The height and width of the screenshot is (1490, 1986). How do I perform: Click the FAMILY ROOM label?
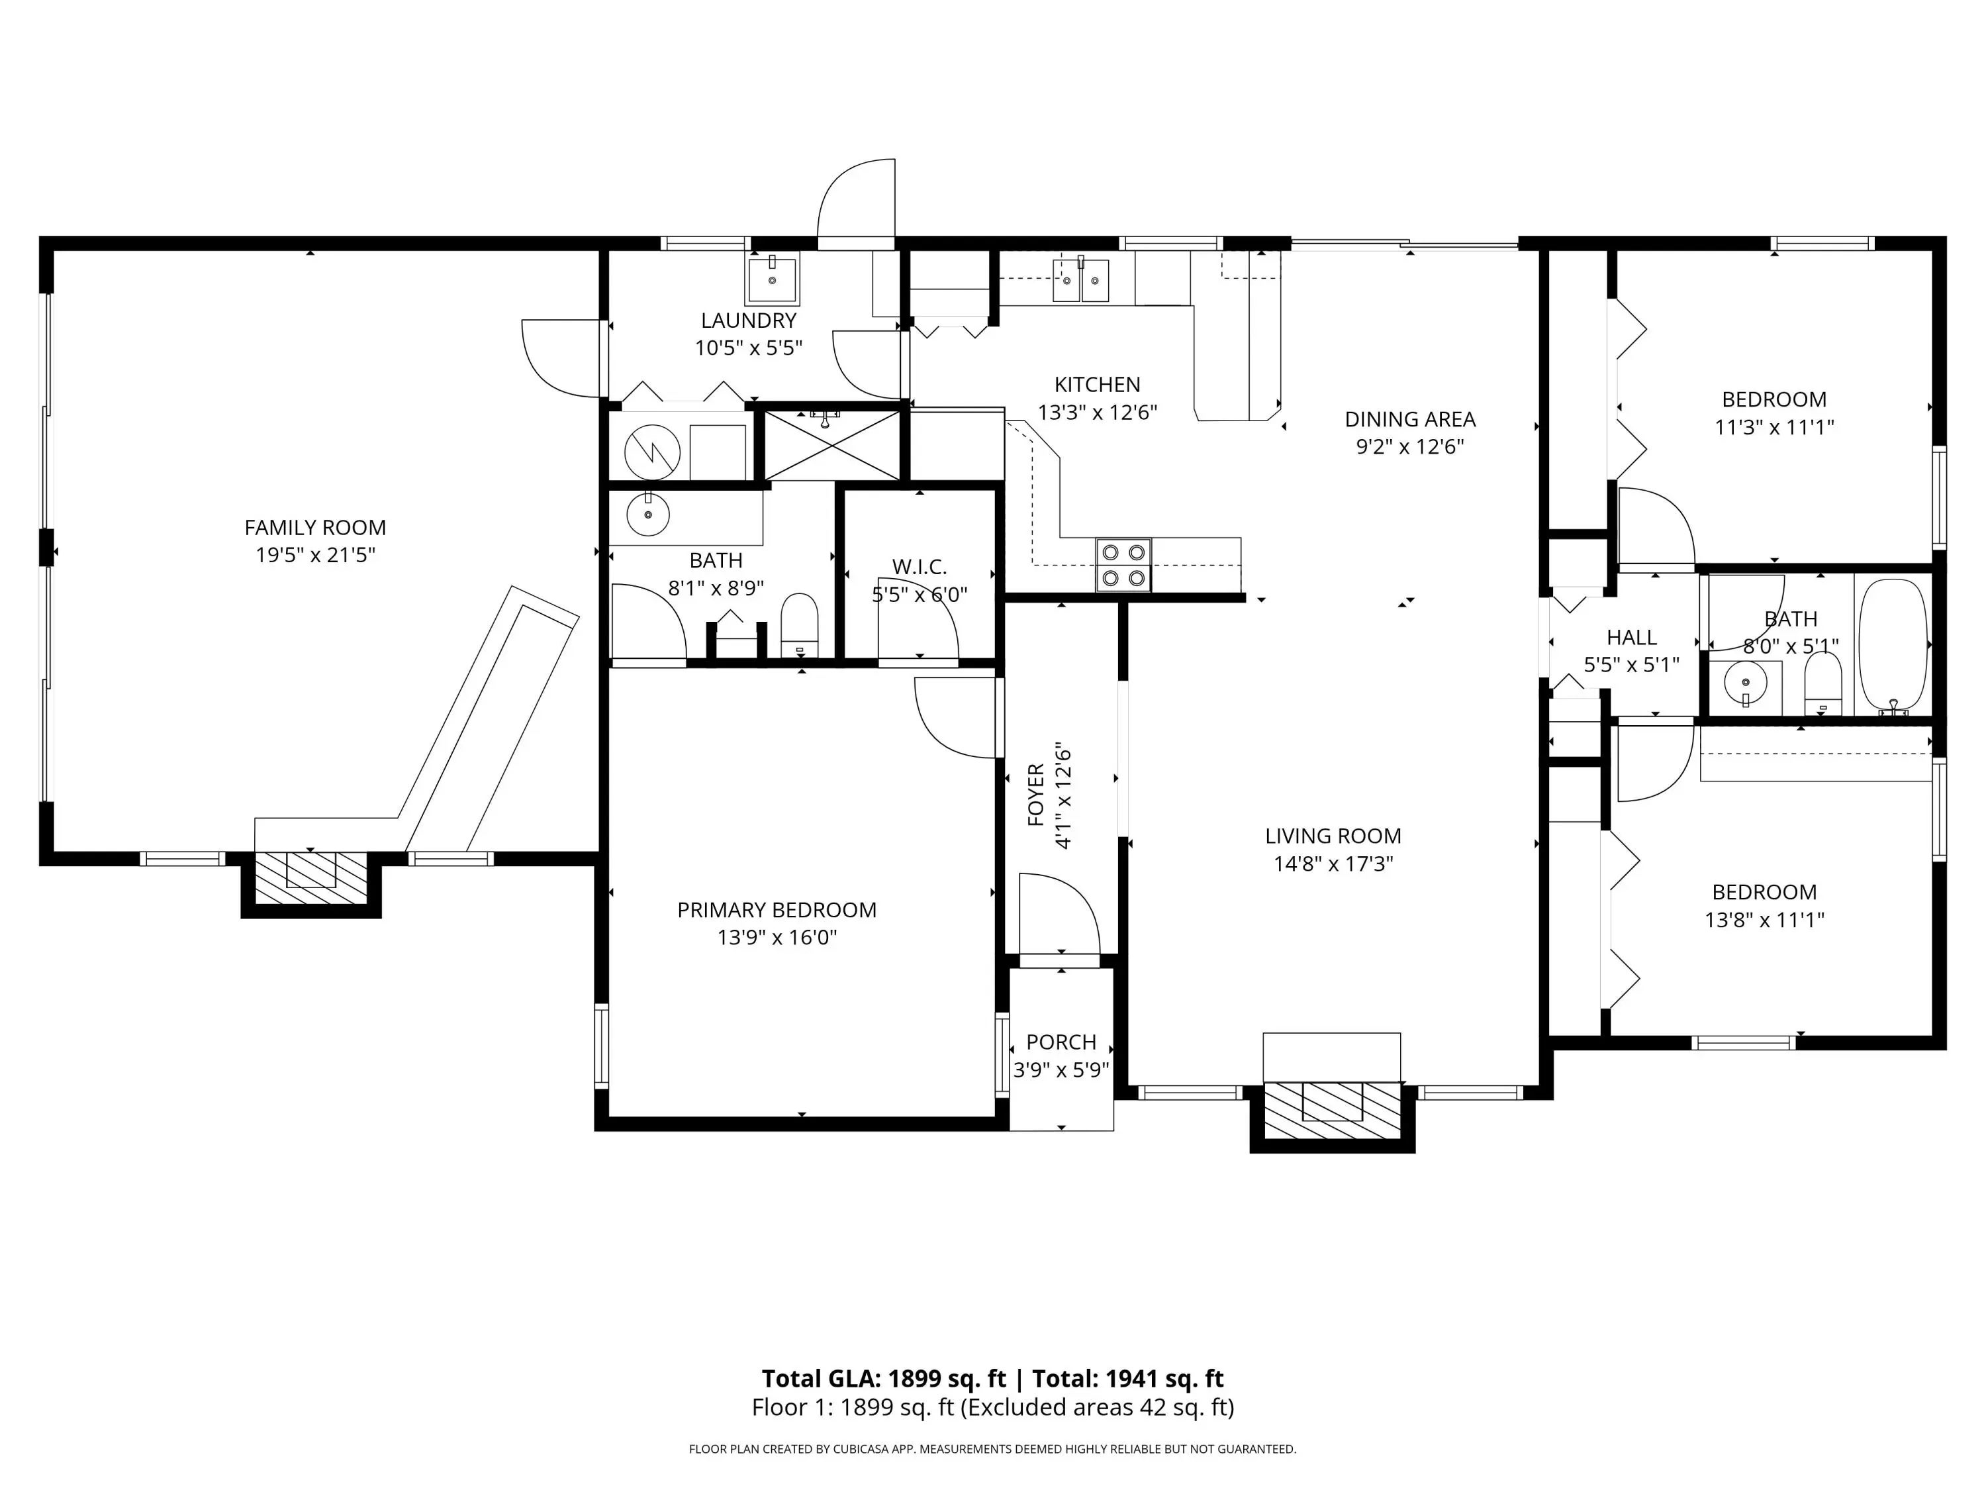315,527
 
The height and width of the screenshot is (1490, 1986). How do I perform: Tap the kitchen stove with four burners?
1123,565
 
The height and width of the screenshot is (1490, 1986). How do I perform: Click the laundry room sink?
772,280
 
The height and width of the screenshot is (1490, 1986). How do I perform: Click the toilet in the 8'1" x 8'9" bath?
800,625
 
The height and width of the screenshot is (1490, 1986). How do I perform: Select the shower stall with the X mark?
831,446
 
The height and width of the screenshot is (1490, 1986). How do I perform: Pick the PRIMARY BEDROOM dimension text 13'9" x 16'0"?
777,938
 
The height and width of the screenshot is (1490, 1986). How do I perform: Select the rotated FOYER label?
1036,795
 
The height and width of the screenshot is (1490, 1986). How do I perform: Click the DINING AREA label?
1411,419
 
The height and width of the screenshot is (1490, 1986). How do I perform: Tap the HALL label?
1631,637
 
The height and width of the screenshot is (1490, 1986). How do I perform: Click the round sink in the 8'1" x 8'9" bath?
647,515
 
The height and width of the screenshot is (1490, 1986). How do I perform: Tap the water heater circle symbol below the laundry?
652,452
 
